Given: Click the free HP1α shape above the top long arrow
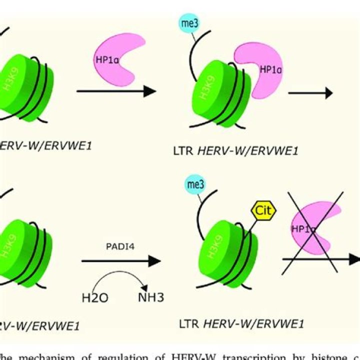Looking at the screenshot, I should [x=117, y=56].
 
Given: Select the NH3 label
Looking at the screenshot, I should [x=151, y=298].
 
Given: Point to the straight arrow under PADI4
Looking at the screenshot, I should [x=121, y=261].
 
